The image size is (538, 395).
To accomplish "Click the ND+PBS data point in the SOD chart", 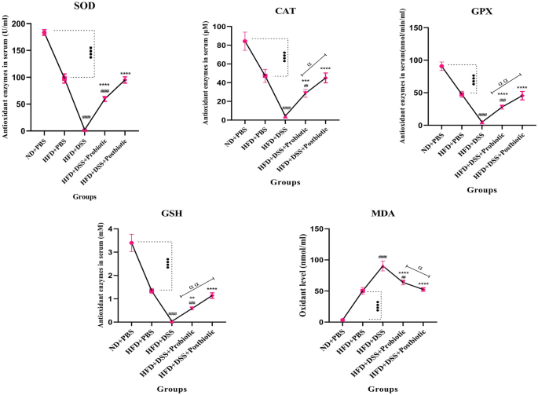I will pyautogui.click(x=44, y=32).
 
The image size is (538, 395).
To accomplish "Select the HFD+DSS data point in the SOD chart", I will pyautogui.click(x=85, y=130).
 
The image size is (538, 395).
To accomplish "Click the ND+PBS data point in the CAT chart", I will pyautogui.click(x=244, y=42).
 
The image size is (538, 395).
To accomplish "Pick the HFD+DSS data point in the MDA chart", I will pyautogui.click(x=382, y=266).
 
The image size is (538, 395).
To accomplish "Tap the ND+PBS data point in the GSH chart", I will pyautogui.click(x=131, y=243).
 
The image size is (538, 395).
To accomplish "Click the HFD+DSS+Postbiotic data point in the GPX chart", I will pyautogui.click(x=522, y=96).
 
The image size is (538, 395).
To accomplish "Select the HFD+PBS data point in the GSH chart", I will pyautogui.click(x=152, y=291).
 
